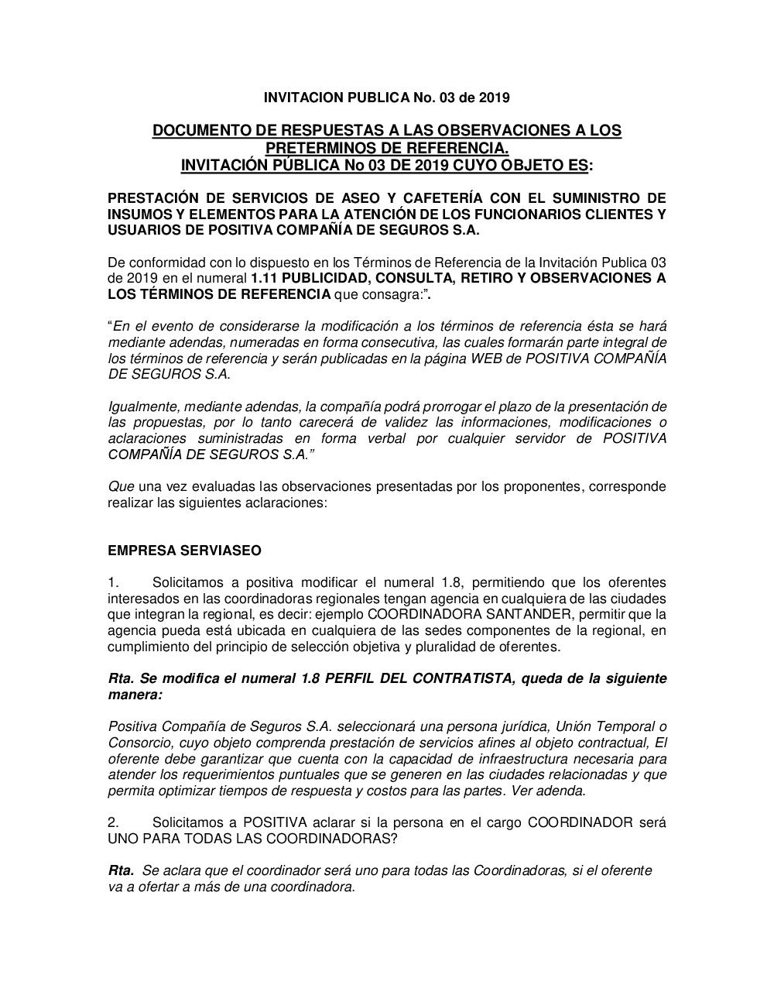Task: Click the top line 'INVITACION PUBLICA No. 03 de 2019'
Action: click(x=386, y=98)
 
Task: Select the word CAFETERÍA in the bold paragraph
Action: click(x=412, y=197)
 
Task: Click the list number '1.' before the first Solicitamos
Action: click(x=113, y=582)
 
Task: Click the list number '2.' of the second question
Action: click(x=113, y=822)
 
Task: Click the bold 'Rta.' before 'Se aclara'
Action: click(x=122, y=870)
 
